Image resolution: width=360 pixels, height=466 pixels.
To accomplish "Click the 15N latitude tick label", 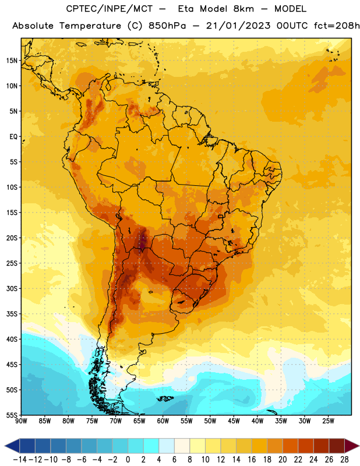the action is (12, 61).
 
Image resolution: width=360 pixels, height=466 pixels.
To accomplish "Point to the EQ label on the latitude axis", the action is (13, 137).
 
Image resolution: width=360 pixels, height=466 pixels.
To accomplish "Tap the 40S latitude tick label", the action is (12, 339).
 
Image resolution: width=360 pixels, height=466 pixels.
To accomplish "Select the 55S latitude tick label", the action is (12, 415).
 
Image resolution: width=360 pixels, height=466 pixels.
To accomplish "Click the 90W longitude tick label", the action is (21, 421).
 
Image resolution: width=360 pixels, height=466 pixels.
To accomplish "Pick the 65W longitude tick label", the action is (139, 421).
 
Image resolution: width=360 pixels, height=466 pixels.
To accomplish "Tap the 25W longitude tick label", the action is (328, 421).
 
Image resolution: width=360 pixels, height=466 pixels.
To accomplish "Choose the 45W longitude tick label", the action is (234, 421).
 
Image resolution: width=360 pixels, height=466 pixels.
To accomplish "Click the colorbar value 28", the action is (344, 460).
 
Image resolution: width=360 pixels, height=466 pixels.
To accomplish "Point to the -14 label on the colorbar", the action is (20, 460).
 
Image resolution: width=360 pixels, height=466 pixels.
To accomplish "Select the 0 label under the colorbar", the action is (128, 460).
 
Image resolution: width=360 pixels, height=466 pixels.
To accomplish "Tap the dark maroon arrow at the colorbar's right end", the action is (352, 446).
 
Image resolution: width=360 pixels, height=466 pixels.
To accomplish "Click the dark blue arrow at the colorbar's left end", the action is (12, 446).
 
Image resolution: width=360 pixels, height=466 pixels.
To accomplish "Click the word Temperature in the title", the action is (90, 26).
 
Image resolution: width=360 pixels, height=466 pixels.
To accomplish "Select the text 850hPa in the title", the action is (167, 26).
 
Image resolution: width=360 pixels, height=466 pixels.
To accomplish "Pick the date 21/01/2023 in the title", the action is (238, 26).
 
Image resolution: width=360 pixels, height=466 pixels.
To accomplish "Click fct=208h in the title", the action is (337, 26).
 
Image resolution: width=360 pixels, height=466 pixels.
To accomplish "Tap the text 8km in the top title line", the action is (243, 9).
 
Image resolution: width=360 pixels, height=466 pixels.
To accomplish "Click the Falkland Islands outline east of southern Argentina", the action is (165, 398).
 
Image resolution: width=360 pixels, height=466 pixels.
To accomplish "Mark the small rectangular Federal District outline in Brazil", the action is (221, 216).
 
